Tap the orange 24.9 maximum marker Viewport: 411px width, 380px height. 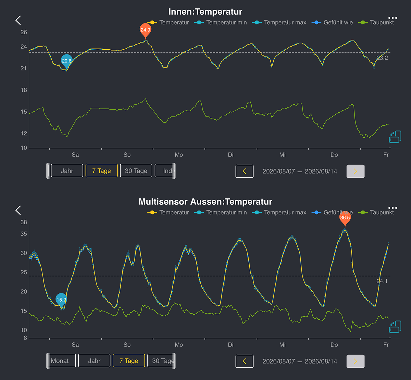point(145,30)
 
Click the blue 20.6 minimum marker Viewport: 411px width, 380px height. point(67,61)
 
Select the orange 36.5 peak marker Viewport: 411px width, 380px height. point(345,218)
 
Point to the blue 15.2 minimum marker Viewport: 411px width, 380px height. point(61,300)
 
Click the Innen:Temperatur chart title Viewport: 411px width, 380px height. point(205,12)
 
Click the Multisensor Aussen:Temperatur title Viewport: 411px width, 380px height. point(205,202)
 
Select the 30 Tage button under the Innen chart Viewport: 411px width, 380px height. point(136,171)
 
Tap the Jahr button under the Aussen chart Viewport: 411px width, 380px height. point(94,360)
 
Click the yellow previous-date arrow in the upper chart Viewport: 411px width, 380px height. point(245,171)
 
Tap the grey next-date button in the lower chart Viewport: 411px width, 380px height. point(356,361)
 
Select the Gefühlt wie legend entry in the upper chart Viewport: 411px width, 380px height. point(332,22)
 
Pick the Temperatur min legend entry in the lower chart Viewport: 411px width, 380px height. point(221,213)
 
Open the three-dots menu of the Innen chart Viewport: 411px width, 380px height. point(393,18)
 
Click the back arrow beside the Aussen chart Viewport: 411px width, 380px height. point(18,211)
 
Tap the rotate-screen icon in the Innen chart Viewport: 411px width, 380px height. point(395,137)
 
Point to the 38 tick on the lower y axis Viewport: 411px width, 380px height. point(24,222)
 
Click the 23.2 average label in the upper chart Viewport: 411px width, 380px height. point(382,58)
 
